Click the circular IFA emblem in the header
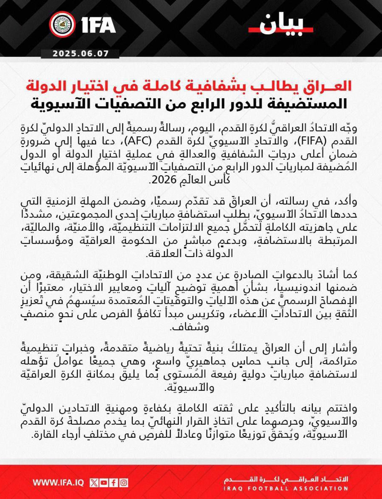click(62, 25)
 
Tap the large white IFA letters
click(99, 25)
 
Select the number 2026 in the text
click(163, 180)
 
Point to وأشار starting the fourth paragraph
click(345, 348)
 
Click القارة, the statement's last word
click(47, 435)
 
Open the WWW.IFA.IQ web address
click(58, 483)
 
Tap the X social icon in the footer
click(94, 483)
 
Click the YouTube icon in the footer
click(104, 483)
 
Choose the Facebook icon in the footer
click(114, 483)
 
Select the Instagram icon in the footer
click(124, 483)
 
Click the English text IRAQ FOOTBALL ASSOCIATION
click(286, 488)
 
